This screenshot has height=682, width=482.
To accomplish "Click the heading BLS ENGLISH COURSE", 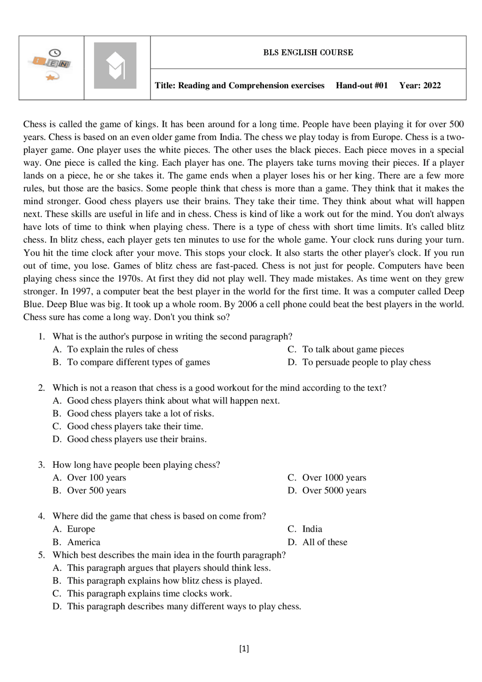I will point(308,52).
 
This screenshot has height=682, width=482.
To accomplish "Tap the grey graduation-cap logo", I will point(115,66).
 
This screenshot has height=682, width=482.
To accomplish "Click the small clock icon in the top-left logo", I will point(55,53).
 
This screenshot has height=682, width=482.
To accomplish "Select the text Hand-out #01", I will point(361,85).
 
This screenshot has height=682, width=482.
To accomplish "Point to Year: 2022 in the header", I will point(420,85).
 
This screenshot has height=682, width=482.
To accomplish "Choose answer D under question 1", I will point(366,362).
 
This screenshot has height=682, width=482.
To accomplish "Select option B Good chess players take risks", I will point(140,413).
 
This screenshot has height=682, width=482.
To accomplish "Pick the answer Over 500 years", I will point(96,491).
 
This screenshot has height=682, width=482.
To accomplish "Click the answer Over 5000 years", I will point(334,491).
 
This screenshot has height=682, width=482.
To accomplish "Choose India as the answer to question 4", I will point(312,529).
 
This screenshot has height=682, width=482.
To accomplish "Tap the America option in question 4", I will point(84,542).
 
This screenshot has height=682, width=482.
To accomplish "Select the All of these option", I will point(325,542).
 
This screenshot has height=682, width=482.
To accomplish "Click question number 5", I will point(41,555).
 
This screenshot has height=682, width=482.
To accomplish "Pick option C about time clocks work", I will point(149,594).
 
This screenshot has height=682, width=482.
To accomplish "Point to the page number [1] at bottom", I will point(244,648).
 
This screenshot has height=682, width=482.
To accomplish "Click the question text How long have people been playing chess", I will point(136,465).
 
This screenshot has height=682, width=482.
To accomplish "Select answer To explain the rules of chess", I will point(122,349).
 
